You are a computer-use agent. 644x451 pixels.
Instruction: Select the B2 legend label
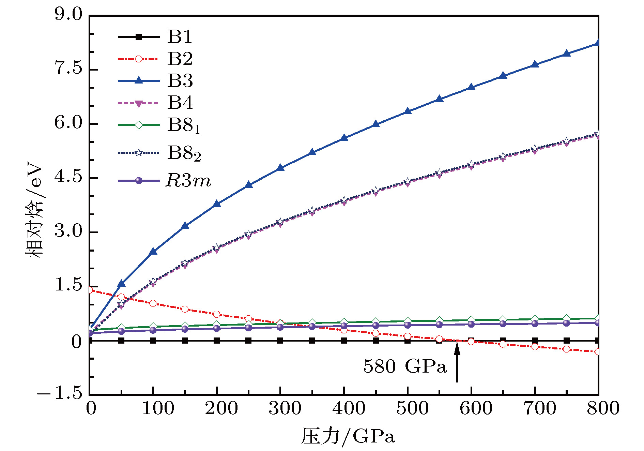(180, 59)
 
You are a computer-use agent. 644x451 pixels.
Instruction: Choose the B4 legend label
(180, 103)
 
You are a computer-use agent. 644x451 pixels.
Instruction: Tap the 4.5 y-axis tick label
(68, 177)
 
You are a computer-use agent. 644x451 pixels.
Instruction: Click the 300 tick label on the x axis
(285, 408)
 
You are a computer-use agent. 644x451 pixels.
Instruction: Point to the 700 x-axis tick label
(540, 408)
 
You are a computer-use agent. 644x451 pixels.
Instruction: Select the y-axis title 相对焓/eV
(34, 212)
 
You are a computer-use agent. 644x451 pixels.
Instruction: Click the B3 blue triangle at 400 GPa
(344, 138)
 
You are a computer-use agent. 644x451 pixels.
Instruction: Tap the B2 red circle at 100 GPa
(153, 303)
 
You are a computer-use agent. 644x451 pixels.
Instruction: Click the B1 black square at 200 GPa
(217, 341)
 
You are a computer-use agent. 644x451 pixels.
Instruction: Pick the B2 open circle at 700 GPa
(535, 347)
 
